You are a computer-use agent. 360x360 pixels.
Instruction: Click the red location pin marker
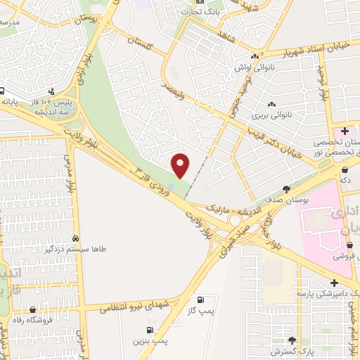(181, 165)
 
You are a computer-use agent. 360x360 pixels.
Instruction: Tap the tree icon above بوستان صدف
(286, 188)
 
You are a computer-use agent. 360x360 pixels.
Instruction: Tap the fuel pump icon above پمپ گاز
(204, 299)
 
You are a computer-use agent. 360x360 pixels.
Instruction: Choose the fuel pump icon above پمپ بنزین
(149, 329)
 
